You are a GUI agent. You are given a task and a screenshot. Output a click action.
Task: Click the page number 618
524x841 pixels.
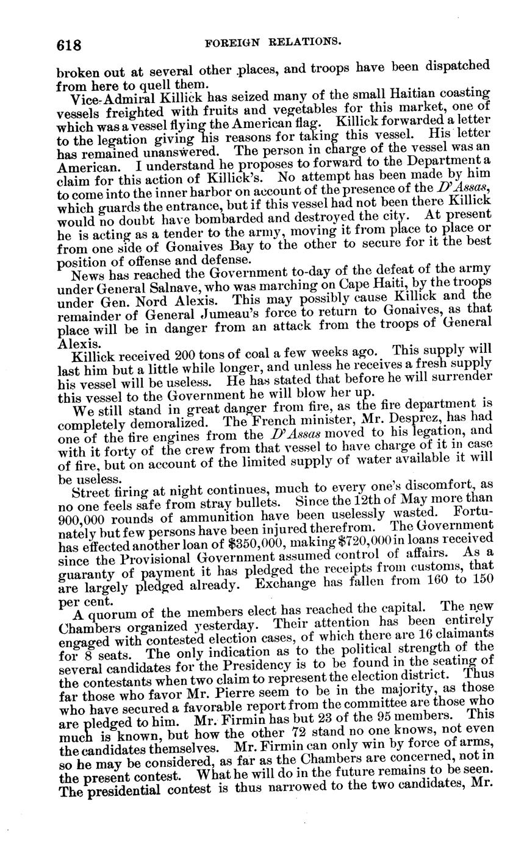point(68,44)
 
